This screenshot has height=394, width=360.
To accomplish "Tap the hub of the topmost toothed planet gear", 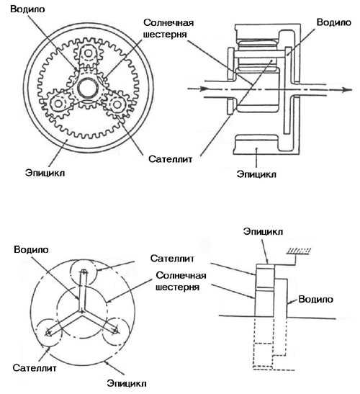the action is (x=88, y=53).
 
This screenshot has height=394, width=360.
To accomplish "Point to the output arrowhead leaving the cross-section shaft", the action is (x=347, y=90).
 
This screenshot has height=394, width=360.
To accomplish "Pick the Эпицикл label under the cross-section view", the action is (x=256, y=174).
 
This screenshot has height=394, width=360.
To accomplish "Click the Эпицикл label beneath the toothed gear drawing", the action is (x=45, y=173).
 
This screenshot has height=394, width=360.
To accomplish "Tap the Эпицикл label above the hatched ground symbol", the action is (x=263, y=231).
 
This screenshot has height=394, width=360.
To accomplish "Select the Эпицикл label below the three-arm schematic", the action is (x=127, y=383).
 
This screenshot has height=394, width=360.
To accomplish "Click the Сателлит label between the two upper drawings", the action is (x=171, y=158).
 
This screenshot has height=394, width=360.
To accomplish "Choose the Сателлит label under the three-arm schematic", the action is (x=35, y=368).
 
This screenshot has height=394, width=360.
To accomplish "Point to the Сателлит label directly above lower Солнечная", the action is (x=172, y=259).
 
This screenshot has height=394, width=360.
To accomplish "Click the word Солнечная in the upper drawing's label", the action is (x=168, y=22).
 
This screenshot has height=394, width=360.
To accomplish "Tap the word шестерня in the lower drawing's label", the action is (x=177, y=287).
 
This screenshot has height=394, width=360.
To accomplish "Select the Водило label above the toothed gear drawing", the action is (x=27, y=9).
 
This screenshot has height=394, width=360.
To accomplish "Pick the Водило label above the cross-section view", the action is (x=334, y=22).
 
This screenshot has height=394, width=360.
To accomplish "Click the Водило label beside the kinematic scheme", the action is (x=316, y=299).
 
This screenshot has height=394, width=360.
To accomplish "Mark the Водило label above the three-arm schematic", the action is (x=31, y=249).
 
